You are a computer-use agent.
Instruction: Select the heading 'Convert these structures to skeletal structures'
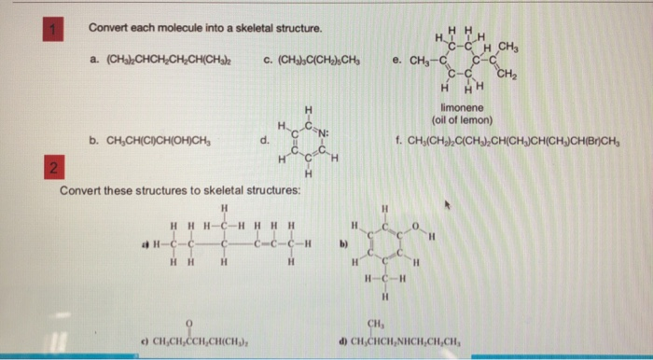click(x=180, y=191)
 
